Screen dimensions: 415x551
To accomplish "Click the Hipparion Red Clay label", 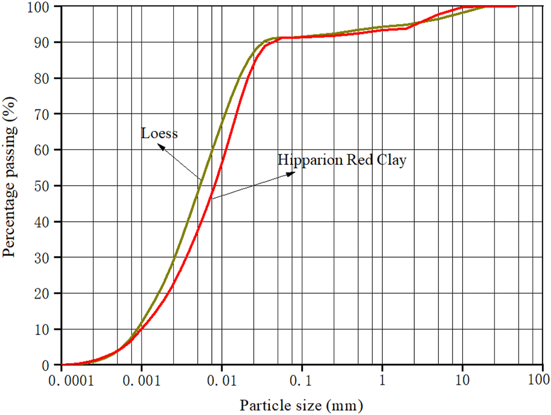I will pos(342,160).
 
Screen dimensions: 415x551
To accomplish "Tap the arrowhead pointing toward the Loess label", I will pos(161,148).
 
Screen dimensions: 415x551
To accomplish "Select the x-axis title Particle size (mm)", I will pos(301,404).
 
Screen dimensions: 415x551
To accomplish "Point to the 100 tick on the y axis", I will pos(40,7).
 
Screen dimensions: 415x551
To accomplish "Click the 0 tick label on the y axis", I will pos(48,365).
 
